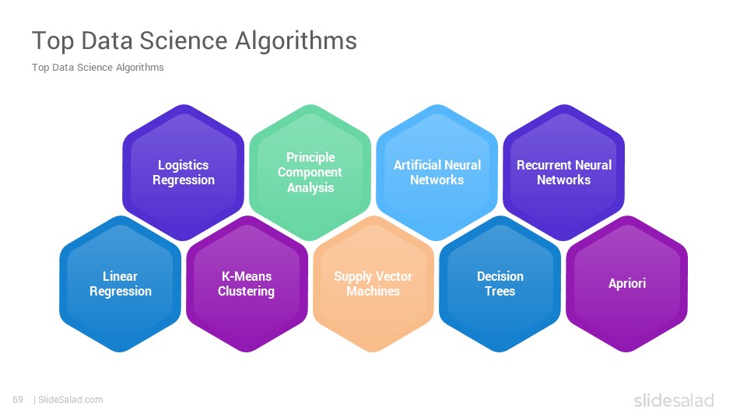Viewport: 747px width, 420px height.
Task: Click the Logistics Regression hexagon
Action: pos(184,173)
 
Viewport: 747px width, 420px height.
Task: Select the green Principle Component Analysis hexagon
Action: pos(310,173)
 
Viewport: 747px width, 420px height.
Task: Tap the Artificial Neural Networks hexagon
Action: pos(437,173)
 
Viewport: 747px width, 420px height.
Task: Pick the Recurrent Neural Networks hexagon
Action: pos(563,173)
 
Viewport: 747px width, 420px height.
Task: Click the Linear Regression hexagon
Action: pos(120,284)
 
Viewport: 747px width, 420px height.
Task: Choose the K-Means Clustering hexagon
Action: pos(247,284)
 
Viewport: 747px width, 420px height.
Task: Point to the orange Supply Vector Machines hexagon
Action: pos(373,284)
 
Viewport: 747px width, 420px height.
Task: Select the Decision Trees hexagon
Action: pos(500,284)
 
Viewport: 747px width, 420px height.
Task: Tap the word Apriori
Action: pos(627,283)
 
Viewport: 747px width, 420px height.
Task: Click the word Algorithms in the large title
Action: pos(296,41)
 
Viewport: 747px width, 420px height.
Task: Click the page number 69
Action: pos(18,400)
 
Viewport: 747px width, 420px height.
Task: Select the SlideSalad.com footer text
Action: pos(70,400)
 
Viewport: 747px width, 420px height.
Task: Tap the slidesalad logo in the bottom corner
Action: pos(674,400)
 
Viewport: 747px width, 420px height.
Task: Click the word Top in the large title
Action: pos(53,41)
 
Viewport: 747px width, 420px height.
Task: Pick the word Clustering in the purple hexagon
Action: pos(247,292)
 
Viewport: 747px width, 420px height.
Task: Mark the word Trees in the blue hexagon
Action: pos(500,291)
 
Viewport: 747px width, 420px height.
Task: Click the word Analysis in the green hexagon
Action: pos(310,187)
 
